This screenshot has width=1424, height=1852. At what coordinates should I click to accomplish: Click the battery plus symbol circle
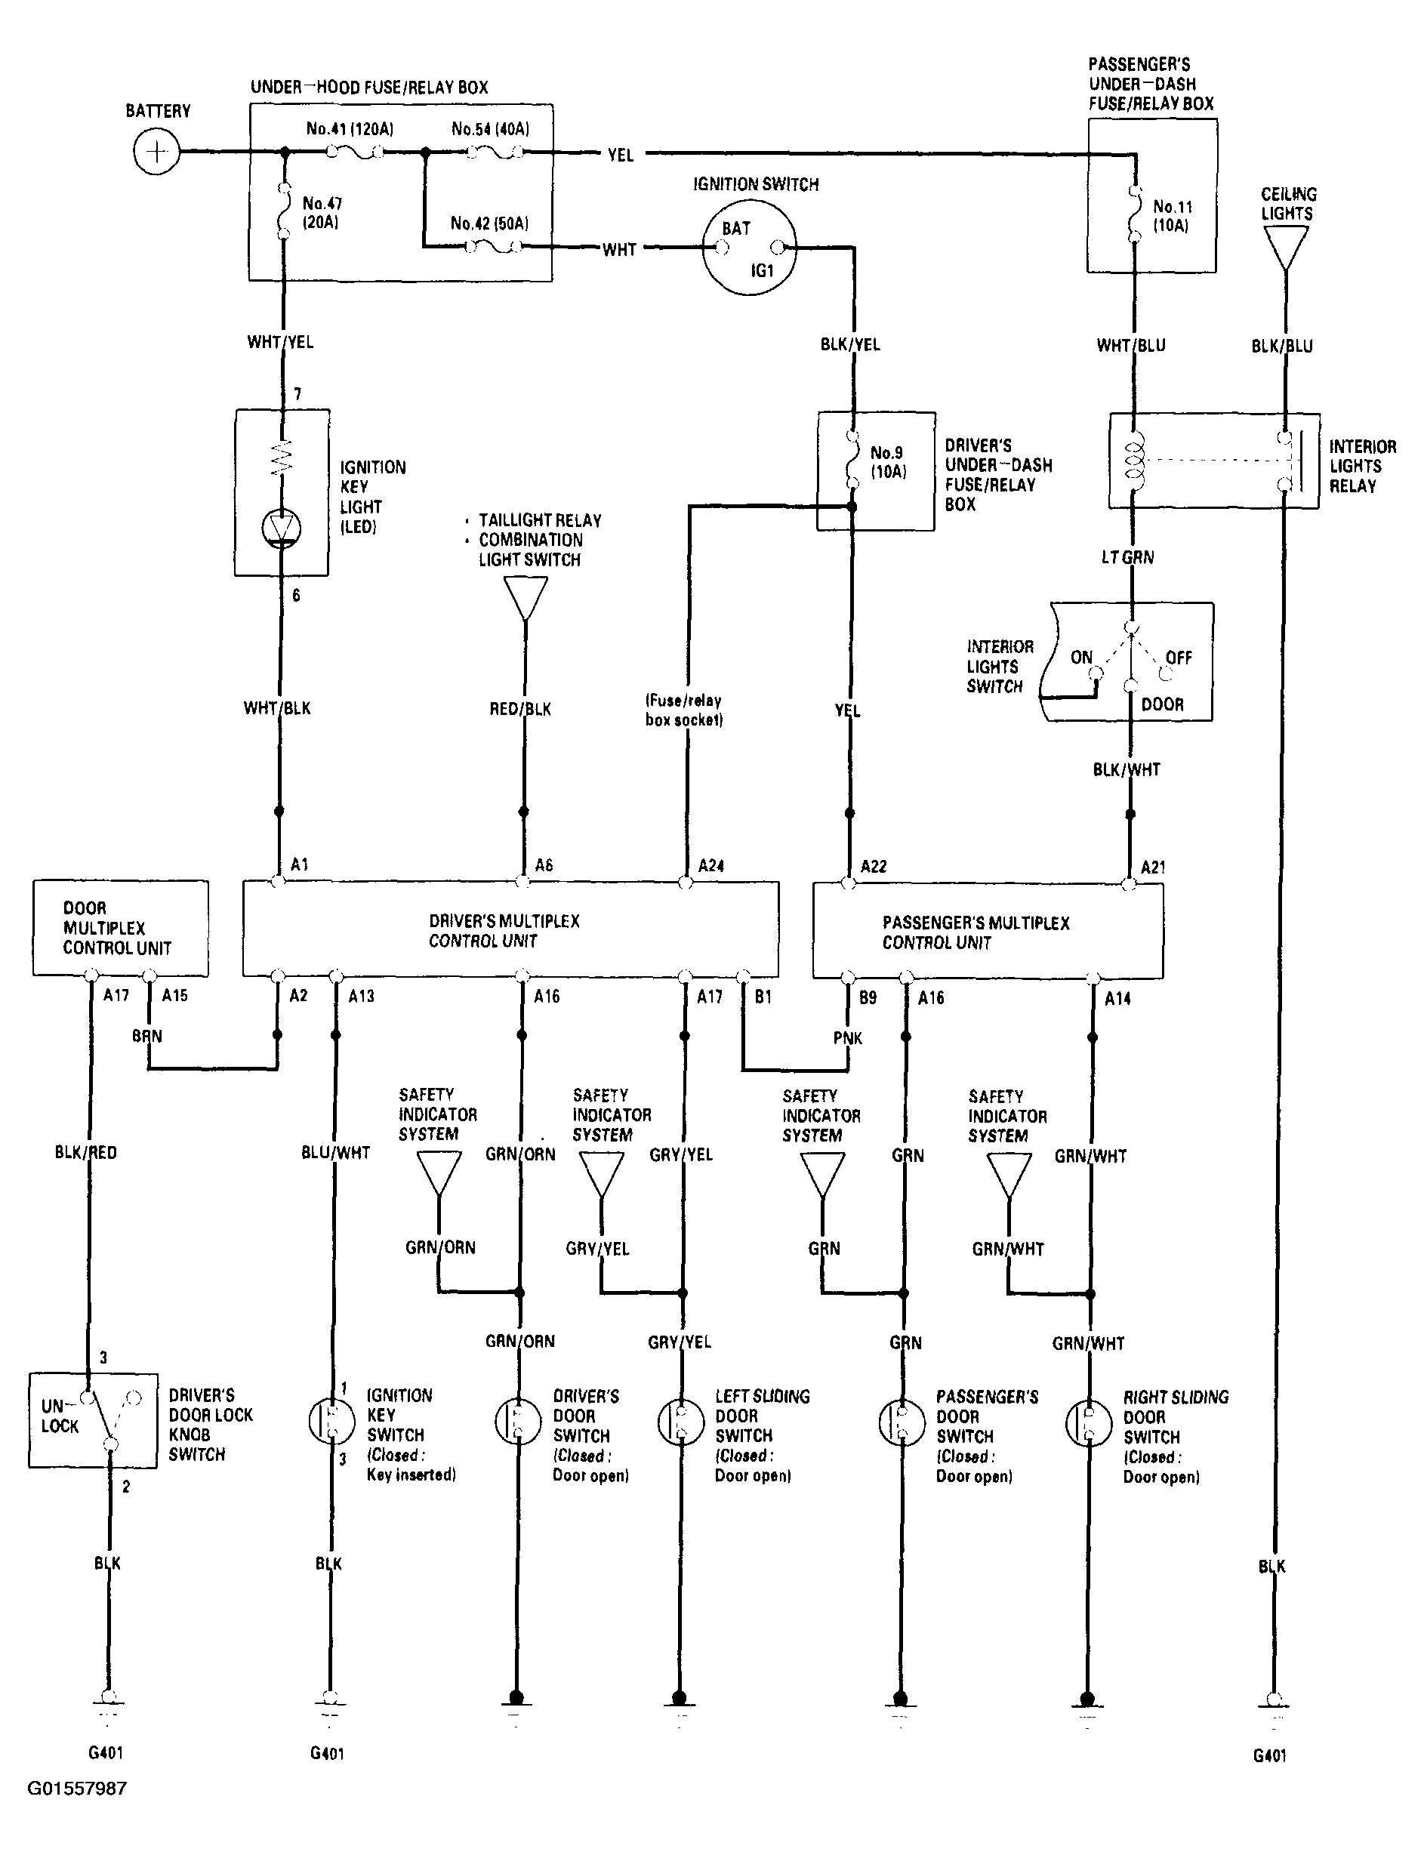(157, 152)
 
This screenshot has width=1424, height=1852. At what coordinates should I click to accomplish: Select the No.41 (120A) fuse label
(350, 129)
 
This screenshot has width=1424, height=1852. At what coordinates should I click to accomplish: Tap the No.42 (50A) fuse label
(489, 223)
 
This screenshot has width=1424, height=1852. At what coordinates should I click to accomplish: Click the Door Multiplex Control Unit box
(120, 928)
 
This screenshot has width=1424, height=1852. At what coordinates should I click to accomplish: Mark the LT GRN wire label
(1127, 558)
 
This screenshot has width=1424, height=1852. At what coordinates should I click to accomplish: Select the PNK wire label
(848, 1038)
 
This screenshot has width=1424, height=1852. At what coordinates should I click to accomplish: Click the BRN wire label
(146, 1036)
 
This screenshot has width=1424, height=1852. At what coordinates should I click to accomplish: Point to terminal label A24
(711, 865)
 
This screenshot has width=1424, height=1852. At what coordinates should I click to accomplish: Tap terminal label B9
(868, 997)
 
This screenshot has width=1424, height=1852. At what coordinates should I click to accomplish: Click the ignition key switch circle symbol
(331, 1422)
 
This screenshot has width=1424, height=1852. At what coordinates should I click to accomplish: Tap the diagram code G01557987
(77, 1789)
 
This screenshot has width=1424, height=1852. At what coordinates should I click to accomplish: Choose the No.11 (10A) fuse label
(1171, 217)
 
